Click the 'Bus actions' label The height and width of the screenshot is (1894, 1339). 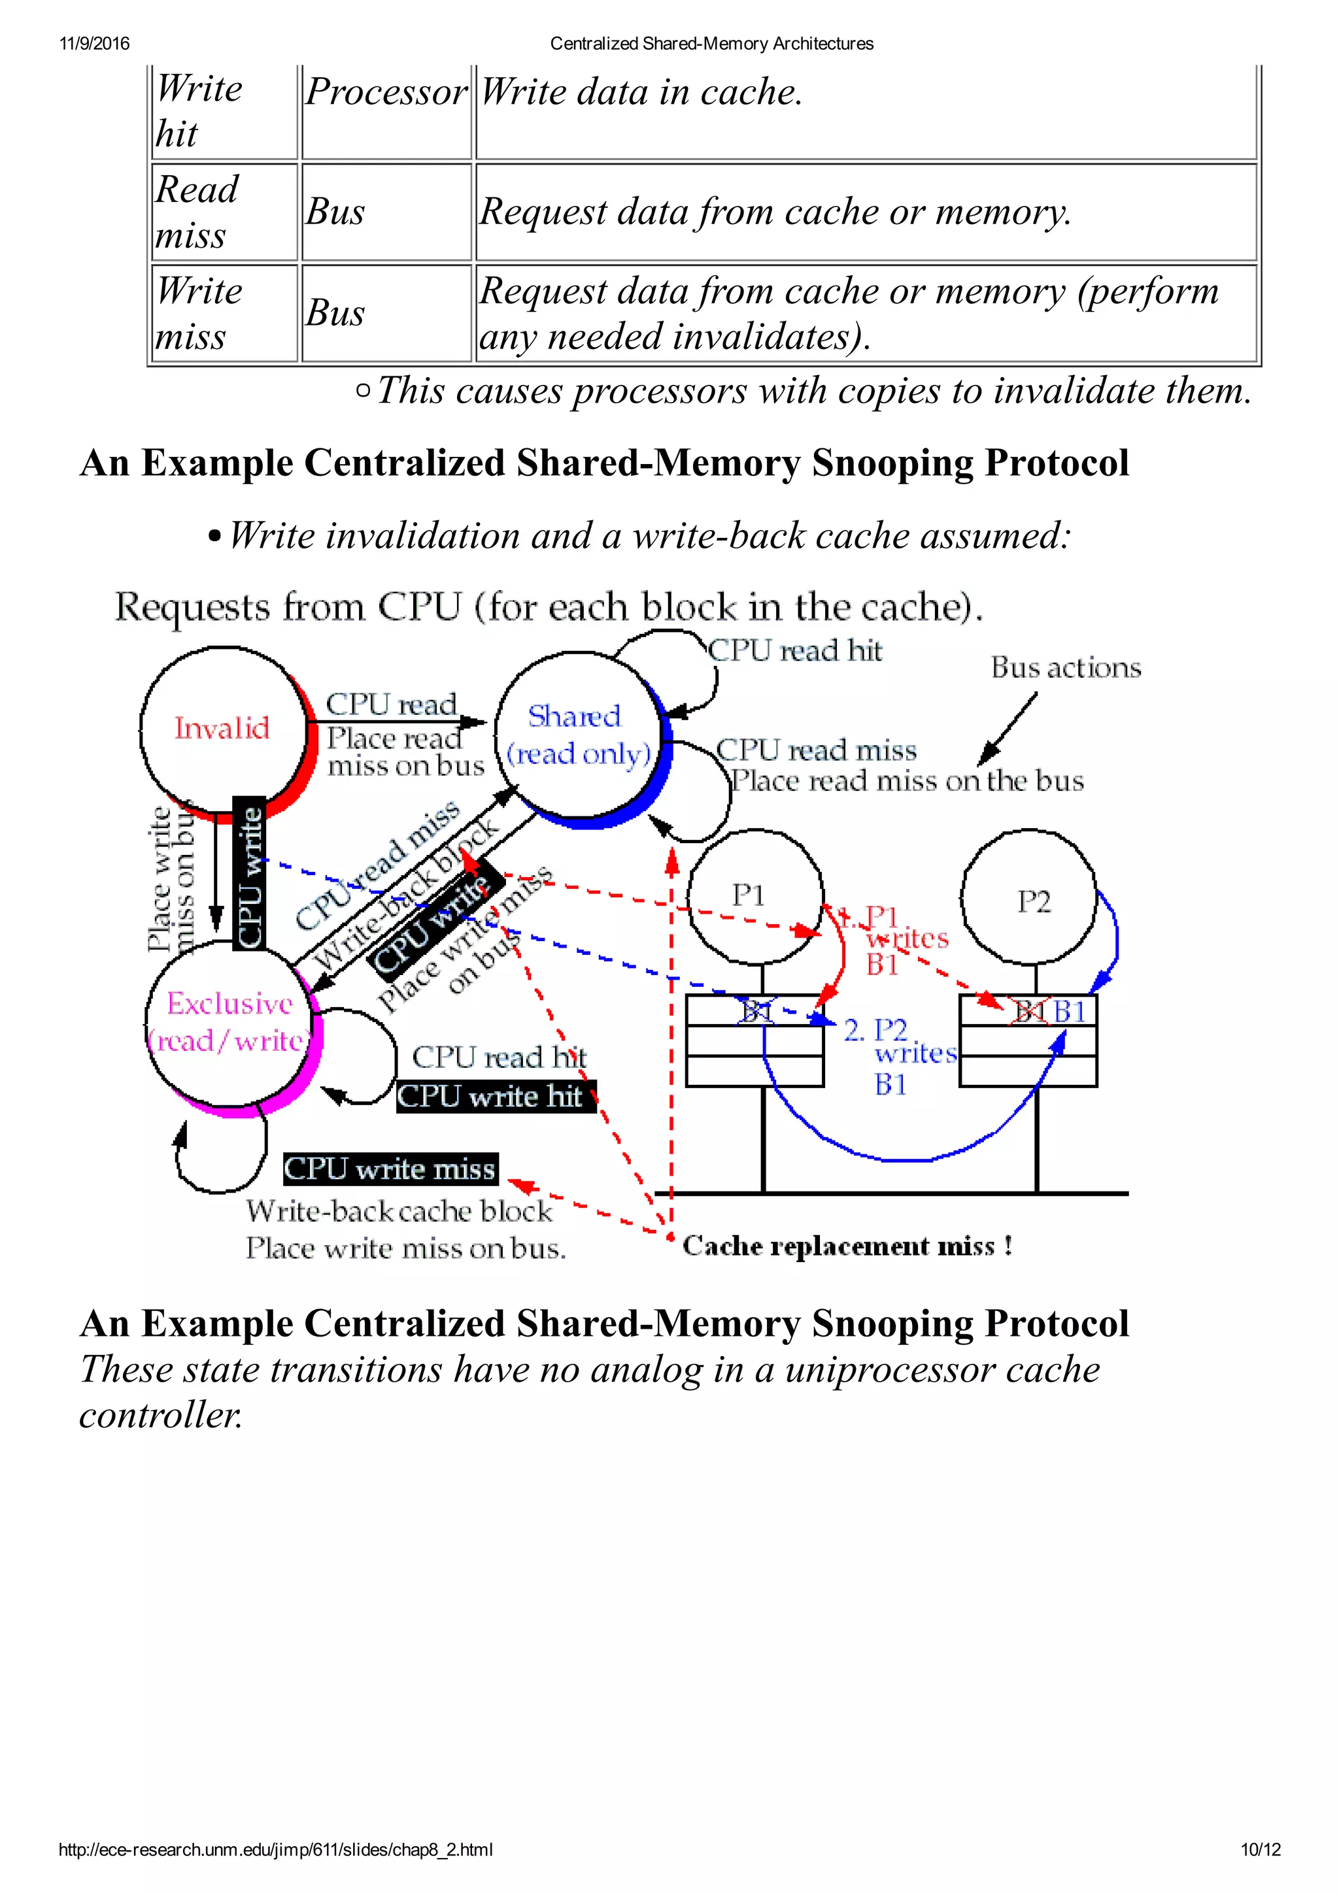click(1065, 667)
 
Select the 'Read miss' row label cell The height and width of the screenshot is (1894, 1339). click(223, 212)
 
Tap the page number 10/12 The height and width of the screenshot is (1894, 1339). click(1260, 1850)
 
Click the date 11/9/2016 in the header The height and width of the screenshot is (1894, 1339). click(94, 44)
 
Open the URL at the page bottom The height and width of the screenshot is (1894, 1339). click(275, 1850)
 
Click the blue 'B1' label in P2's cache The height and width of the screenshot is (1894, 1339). click(1070, 1011)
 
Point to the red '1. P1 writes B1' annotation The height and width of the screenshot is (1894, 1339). click(895, 939)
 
